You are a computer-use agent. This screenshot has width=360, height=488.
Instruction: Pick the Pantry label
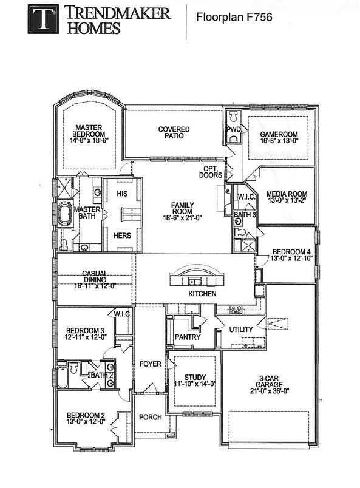183,336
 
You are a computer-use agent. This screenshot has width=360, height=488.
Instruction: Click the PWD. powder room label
234,129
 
